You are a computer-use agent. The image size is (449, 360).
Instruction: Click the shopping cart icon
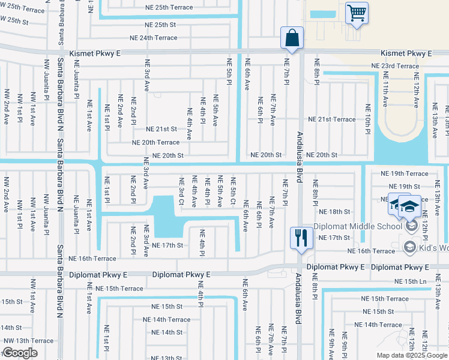[x=357, y=13]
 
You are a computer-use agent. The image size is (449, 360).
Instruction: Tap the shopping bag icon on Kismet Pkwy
[x=292, y=37]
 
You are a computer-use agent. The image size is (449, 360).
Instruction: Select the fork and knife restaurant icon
[x=300, y=237]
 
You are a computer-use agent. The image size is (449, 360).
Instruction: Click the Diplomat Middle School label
[x=366, y=226]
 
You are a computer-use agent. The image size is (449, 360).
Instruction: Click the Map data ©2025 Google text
[x=412, y=355]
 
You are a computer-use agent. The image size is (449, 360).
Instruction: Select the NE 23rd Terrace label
[x=395, y=66]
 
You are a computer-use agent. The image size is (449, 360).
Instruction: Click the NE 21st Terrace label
[x=332, y=119]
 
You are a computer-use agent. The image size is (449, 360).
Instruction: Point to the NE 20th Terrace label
[x=156, y=142]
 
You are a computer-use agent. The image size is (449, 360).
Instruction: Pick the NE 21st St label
[x=161, y=129]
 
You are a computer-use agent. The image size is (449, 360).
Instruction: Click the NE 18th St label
[x=334, y=212]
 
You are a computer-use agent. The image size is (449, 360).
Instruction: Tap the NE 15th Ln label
[x=410, y=281]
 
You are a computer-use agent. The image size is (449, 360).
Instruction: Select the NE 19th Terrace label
[x=405, y=173]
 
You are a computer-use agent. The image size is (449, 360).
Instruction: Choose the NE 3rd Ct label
[x=181, y=191]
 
